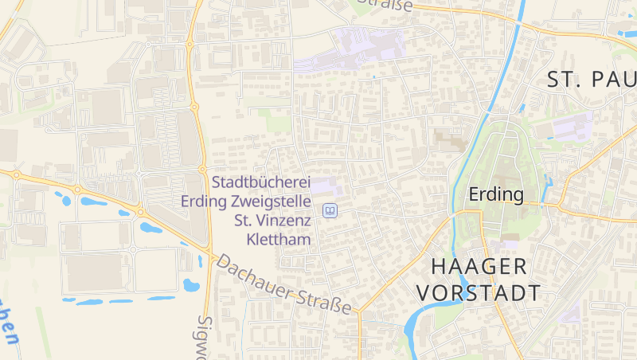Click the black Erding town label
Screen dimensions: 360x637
click(496, 194)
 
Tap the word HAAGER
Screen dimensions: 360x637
click(479, 266)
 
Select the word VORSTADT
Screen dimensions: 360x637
click(479, 292)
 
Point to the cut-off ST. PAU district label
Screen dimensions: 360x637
click(592, 80)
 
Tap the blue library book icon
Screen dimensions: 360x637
click(330, 211)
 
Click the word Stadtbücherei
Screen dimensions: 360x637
click(261, 182)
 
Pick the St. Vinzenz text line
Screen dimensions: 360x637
click(272, 220)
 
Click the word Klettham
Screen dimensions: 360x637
click(279, 238)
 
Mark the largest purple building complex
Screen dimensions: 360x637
click(350, 48)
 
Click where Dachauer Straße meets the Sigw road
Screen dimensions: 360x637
click(209, 253)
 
